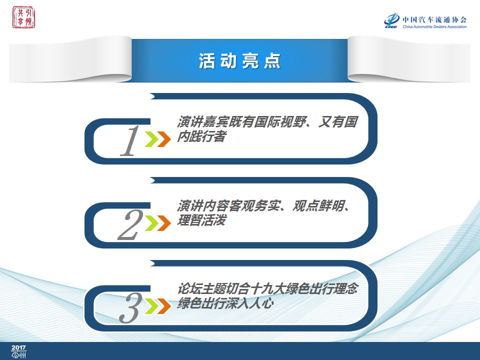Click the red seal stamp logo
(x=23, y=17)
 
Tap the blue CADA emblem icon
(x=391, y=20)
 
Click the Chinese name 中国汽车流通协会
(x=434, y=20)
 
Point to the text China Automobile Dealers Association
(x=434, y=26)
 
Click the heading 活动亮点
(x=239, y=60)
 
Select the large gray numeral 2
(x=130, y=224)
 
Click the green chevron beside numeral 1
(x=151, y=139)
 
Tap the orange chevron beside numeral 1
(x=164, y=139)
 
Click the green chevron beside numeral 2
(x=151, y=223)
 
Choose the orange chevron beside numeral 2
(x=164, y=223)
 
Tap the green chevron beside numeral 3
(x=151, y=306)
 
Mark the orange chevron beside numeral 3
(x=164, y=306)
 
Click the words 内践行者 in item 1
(x=201, y=136)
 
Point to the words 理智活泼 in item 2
(x=201, y=220)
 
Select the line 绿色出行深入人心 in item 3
(x=225, y=303)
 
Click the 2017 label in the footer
(x=18, y=347)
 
